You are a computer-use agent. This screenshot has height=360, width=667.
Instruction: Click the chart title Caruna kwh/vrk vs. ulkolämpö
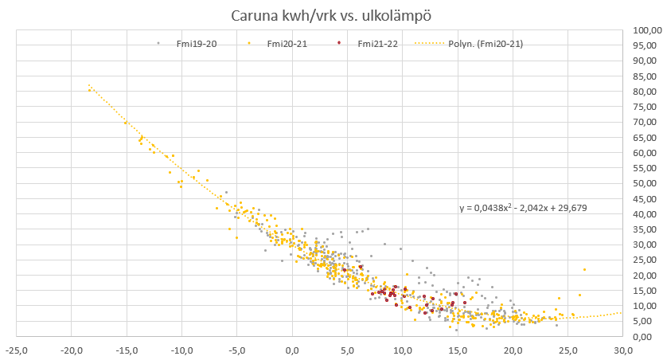333,16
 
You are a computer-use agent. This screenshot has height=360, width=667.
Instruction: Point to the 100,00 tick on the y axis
646,30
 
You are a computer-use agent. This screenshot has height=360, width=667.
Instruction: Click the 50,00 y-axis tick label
646,184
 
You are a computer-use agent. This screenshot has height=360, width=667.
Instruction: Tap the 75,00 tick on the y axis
646,107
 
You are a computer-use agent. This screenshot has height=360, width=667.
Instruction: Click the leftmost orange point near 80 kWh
90,90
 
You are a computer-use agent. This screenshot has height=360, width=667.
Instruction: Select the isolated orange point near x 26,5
584,269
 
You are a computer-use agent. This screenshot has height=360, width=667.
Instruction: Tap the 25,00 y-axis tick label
646,260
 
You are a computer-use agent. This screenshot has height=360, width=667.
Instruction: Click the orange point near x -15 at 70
125,123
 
